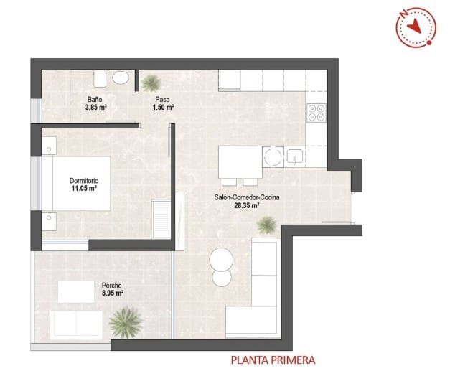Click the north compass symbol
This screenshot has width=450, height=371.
point(415,27)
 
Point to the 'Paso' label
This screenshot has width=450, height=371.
point(163,99)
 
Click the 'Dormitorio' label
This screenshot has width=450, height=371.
point(84,180)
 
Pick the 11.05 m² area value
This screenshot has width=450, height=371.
point(84,189)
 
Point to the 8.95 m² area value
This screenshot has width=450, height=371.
point(112,293)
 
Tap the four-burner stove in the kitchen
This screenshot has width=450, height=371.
point(317,112)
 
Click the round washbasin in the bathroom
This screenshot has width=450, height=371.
point(122,78)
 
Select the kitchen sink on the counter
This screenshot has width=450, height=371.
point(294,156)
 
